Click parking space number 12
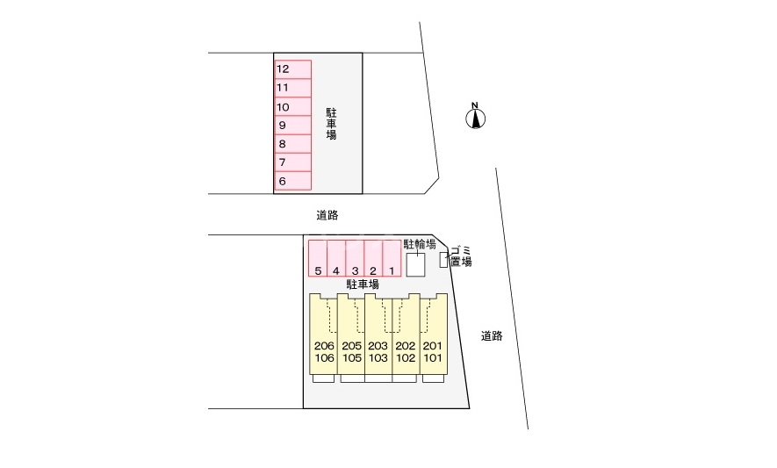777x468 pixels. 293,69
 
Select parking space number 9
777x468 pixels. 293,126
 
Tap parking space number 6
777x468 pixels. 293,181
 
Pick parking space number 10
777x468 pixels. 293,107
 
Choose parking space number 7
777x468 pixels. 293,162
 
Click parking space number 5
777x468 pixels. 318,258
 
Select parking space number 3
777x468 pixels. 355,258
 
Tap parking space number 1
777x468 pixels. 392,258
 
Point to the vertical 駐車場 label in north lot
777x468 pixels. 331,124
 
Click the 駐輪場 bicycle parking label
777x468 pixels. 419,244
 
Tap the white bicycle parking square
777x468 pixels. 416,265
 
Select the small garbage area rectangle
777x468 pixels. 443,260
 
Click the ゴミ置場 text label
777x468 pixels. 461,256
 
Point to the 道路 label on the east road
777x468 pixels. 492,336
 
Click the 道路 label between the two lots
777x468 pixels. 327,215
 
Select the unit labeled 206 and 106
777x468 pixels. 324,335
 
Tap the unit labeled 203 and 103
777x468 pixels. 378,335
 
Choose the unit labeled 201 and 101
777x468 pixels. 434,335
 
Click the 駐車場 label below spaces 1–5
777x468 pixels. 363,284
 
